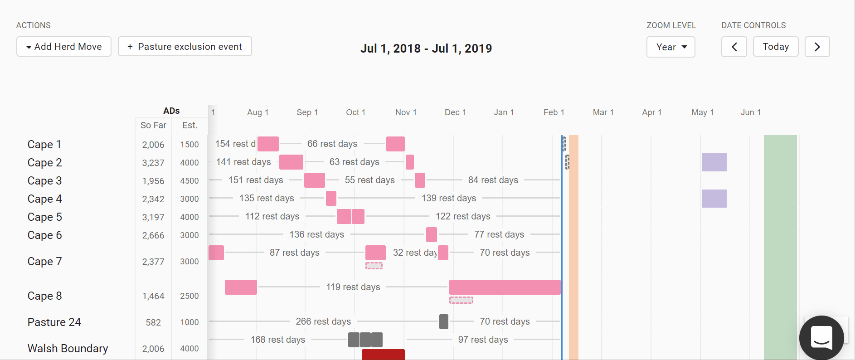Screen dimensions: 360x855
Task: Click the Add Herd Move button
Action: click(x=64, y=47)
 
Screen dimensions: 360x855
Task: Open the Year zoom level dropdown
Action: click(x=670, y=47)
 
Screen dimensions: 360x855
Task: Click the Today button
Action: click(x=775, y=47)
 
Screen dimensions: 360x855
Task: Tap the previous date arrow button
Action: click(x=734, y=47)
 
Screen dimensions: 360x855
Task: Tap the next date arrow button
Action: click(x=817, y=47)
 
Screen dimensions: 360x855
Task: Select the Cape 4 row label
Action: click(x=44, y=199)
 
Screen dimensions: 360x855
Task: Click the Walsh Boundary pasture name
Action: click(x=68, y=349)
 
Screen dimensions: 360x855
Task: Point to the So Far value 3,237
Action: click(x=153, y=163)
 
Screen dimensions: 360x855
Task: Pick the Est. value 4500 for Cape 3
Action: click(x=189, y=181)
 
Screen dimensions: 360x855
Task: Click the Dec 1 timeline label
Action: click(x=455, y=112)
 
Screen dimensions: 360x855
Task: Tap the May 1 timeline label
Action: click(x=702, y=112)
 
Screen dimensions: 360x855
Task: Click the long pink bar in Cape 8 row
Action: click(x=505, y=287)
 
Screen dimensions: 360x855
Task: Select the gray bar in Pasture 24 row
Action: click(x=444, y=321)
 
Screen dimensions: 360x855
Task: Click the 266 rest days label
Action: click(x=323, y=321)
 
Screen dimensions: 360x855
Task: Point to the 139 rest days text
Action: click(x=449, y=198)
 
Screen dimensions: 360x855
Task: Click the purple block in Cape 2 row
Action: click(x=714, y=162)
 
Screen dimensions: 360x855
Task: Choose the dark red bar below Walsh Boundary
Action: click(x=383, y=355)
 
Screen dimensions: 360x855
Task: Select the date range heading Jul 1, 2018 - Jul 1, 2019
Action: click(x=426, y=49)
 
